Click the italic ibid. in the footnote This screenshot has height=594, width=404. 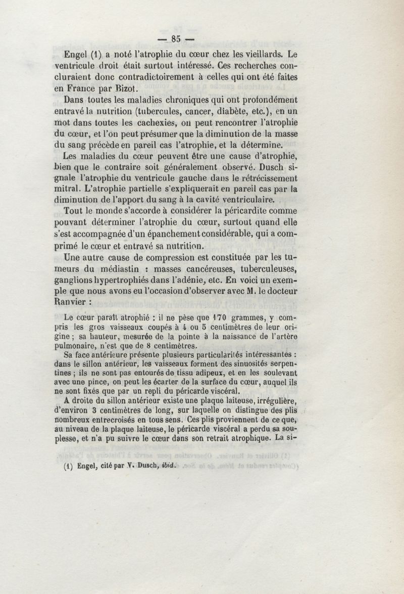167,467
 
